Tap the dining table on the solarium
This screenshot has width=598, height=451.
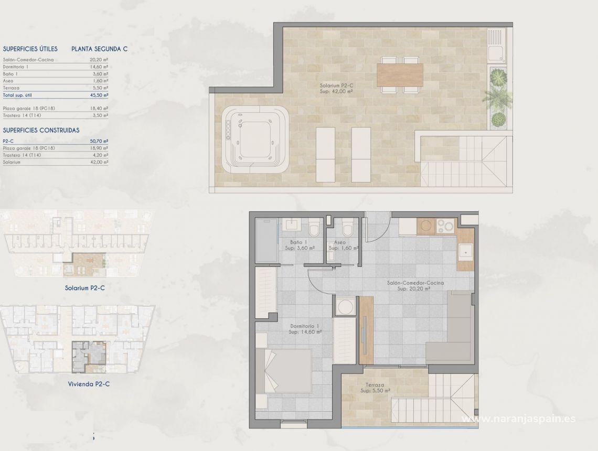[x=399, y=75]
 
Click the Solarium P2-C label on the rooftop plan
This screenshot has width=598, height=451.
[x=336, y=88]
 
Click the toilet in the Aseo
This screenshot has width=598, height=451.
[x=347, y=228]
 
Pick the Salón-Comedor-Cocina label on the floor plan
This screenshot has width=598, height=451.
[x=415, y=285]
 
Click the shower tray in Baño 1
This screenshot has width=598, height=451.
[x=268, y=240]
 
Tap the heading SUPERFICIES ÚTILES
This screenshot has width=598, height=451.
[x=30, y=49]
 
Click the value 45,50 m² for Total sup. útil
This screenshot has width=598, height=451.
[x=99, y=95]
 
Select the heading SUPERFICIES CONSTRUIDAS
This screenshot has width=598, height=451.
[x=41, y=130]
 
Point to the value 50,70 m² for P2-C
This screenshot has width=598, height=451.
[x=99, y=141]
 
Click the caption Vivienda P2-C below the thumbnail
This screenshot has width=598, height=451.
[x=88, y=383]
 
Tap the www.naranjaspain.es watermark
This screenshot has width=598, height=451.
[x=517, y=418]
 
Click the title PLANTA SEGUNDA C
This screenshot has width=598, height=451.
[x=100, y=49]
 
